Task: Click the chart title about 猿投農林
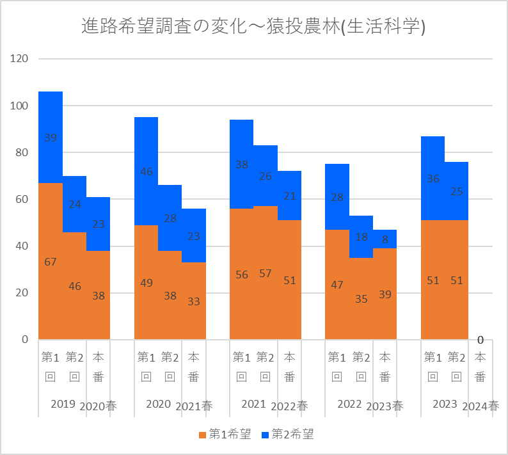point(254,27)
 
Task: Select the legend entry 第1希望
point(225,435)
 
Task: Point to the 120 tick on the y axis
point(20,59)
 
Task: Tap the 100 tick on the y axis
point(20,106)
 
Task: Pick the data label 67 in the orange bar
point(51,261)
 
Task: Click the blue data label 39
point(51,138)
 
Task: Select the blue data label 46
point(147,172)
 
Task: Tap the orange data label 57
point(266,273)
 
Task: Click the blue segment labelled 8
point(385,239)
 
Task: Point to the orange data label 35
point(361,298)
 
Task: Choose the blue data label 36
point(433,179)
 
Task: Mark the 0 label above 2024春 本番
point(480,339)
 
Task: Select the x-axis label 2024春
point(480,406)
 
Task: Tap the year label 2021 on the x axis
point(254,404)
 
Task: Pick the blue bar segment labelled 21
point(289,195)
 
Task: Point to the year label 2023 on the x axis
point(445,404)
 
